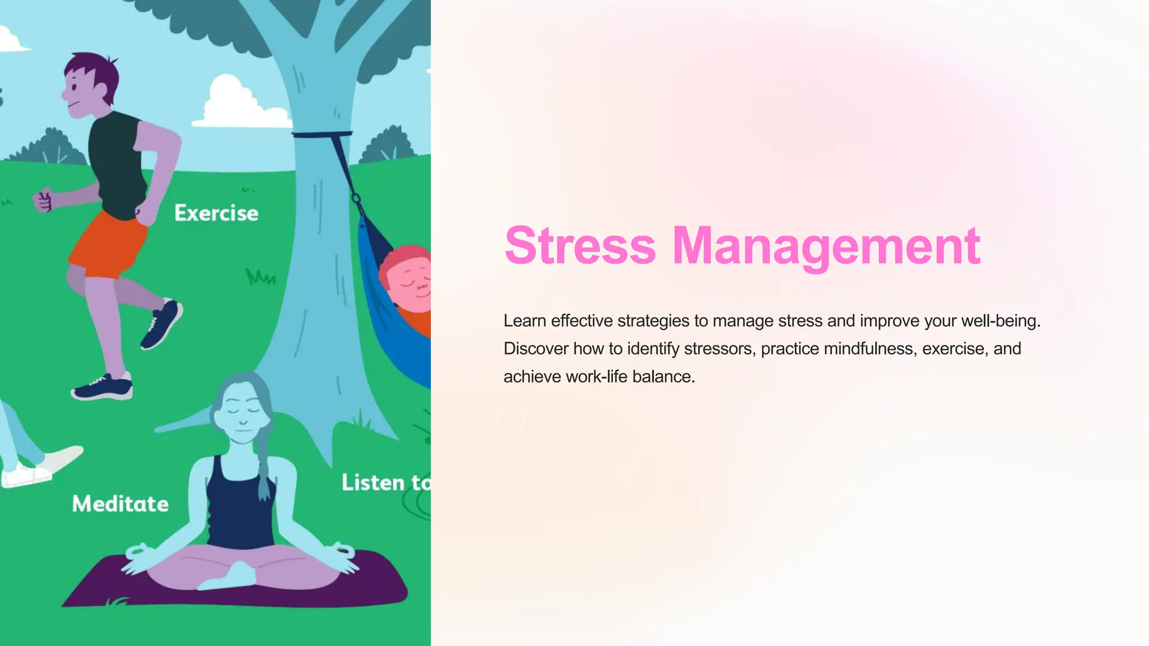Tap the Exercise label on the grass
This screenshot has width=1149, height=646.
click(216, 213)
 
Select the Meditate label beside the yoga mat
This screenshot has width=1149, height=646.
click(120, 504)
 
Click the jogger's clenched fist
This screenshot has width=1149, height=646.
click(43, 201)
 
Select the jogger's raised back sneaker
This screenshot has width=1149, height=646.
click(162, 324)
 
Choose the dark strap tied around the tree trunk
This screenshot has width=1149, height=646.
click(322, 135)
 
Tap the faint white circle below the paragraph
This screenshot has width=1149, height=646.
click(510, 420)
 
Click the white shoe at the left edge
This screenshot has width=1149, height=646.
click(25, 474)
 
